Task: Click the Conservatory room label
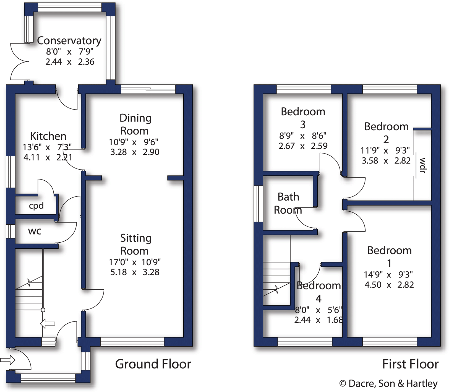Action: pyautogui.click(x=69, y=41)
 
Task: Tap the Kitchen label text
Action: pyautogui.click(x=48, y=136)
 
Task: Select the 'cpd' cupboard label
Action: pyautogui.click(x=36, y=206)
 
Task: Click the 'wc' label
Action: pyautogui.click(x=35, y=231)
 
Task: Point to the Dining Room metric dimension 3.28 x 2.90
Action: pyautogui.click(x=135, y=152)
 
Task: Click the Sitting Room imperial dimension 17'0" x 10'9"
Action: pyautogui.click(x=135, y=262)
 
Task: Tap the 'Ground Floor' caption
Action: pyautogui.click(x=153, y=364)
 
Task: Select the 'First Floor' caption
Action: pyautogui.click(x=410, y=364)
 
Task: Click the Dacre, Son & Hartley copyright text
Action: pyautogui.click(x=388, y=383)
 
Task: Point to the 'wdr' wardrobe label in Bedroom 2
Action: pyautogui.click(x=422, y=165)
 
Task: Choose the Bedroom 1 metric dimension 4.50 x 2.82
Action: pyautogui.click(x=389, y=285)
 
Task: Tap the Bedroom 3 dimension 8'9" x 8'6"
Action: pyautogui.click(x=302, y=136)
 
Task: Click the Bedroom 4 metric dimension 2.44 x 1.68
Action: pyautogui.click(x=318, y=320)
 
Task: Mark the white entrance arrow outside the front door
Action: pyautogui.click(x=7, y=360)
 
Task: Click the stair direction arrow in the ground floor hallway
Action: pyautogui.click(x=48, y=323)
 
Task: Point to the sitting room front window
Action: pyautogui.click(x=132, y=342)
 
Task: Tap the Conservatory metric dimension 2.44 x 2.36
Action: pyautogui.click(x=70, y=62)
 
